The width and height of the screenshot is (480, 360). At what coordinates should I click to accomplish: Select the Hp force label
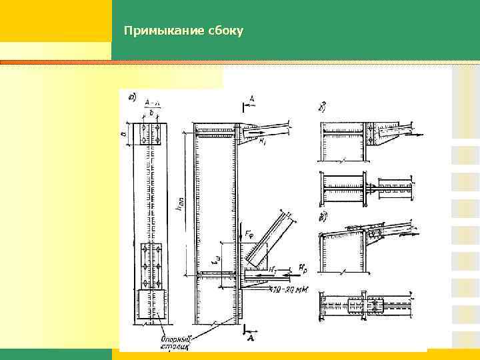coord(304,269)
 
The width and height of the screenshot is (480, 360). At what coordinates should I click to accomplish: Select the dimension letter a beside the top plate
coord(123,134)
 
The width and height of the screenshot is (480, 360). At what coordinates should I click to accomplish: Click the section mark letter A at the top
coord(251,99)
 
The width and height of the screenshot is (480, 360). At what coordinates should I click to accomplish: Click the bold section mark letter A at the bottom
coord(251,339)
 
